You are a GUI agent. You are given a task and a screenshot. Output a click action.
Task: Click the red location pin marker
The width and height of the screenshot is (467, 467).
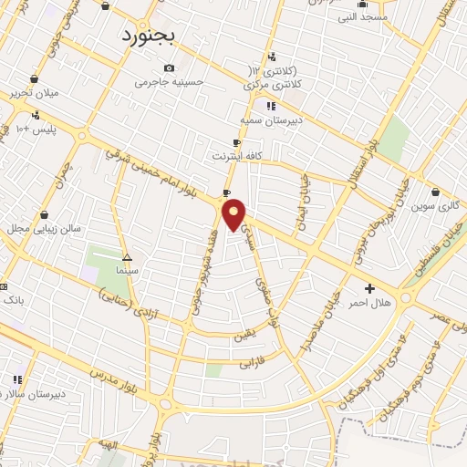coord(234,215)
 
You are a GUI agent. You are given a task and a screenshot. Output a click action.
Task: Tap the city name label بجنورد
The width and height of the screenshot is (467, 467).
coord(151,35)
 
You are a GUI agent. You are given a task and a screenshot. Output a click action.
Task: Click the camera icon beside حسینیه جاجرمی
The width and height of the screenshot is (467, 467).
coord(169,68)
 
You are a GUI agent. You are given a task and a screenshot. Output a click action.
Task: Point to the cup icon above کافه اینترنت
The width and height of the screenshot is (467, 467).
coord(237,143)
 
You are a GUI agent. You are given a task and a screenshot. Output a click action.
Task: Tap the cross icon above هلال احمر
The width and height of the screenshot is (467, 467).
coord(369,288)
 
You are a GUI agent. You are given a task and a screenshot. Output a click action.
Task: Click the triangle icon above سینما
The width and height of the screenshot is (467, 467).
coord(127,257)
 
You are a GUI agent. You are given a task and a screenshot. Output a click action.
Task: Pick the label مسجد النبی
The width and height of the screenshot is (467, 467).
coord(363,16)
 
